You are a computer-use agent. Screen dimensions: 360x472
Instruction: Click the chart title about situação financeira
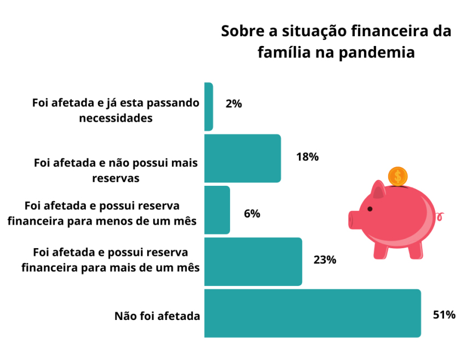[336, 42]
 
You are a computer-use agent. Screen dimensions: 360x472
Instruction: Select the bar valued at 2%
[209, 107]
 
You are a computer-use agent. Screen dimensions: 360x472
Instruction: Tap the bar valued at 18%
[243, 158]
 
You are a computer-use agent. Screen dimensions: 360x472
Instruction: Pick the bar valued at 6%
[217, 210]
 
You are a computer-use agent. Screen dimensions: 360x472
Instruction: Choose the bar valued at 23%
[253, 261]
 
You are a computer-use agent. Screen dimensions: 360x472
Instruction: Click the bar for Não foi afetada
[312, 313]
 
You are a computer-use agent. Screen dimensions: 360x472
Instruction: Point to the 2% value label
[233, 104]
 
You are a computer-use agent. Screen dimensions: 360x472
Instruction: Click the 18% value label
[307, 157]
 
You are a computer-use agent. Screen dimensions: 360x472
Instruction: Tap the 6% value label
[252, 214]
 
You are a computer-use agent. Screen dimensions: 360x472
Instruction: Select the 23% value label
[325, 260]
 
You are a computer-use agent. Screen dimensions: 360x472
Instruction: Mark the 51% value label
[444, 315]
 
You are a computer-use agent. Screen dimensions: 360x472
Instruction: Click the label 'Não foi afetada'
[157, 316]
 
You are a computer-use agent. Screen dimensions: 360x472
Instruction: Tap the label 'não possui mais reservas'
[116, 170]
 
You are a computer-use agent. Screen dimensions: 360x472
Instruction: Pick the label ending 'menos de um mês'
[111, 213]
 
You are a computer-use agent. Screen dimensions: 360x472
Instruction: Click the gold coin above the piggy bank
[398, 176]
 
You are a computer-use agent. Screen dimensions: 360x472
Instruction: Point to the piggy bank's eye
[370, 209]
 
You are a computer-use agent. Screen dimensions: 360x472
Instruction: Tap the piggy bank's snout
[353, 220]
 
